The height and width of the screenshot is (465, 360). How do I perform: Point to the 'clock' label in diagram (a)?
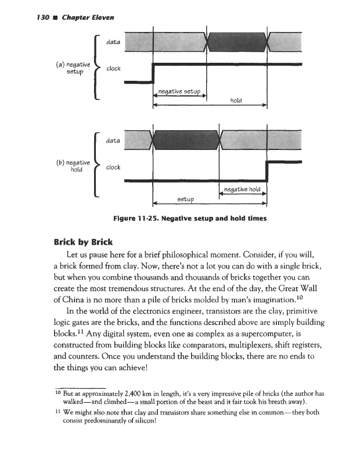pyautogui.click(x=113, y=68)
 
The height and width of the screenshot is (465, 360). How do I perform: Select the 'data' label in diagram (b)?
pyautogui.click(x=113, y=141)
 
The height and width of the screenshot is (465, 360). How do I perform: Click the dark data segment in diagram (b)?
pyautogui.click(x=184, y=140)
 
